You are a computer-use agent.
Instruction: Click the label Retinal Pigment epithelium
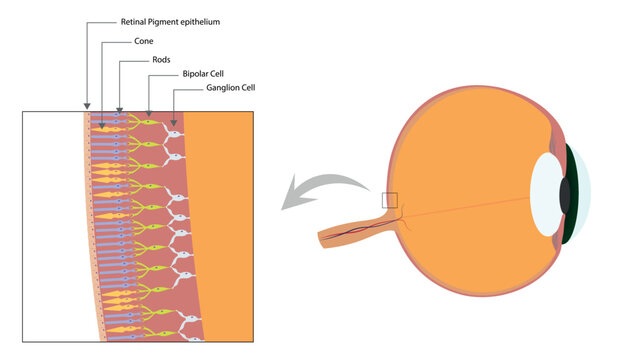click(x=170, y=21)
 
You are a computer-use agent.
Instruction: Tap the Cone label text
click(x=144, y=42)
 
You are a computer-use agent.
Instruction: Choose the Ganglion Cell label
click(x=232, y=88)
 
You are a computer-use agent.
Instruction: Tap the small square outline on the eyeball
click(x=390, y=201)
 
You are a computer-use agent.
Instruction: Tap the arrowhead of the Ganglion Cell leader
click(x=175, y=124)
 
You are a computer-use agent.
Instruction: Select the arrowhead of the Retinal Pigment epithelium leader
click(x=88, y=108)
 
